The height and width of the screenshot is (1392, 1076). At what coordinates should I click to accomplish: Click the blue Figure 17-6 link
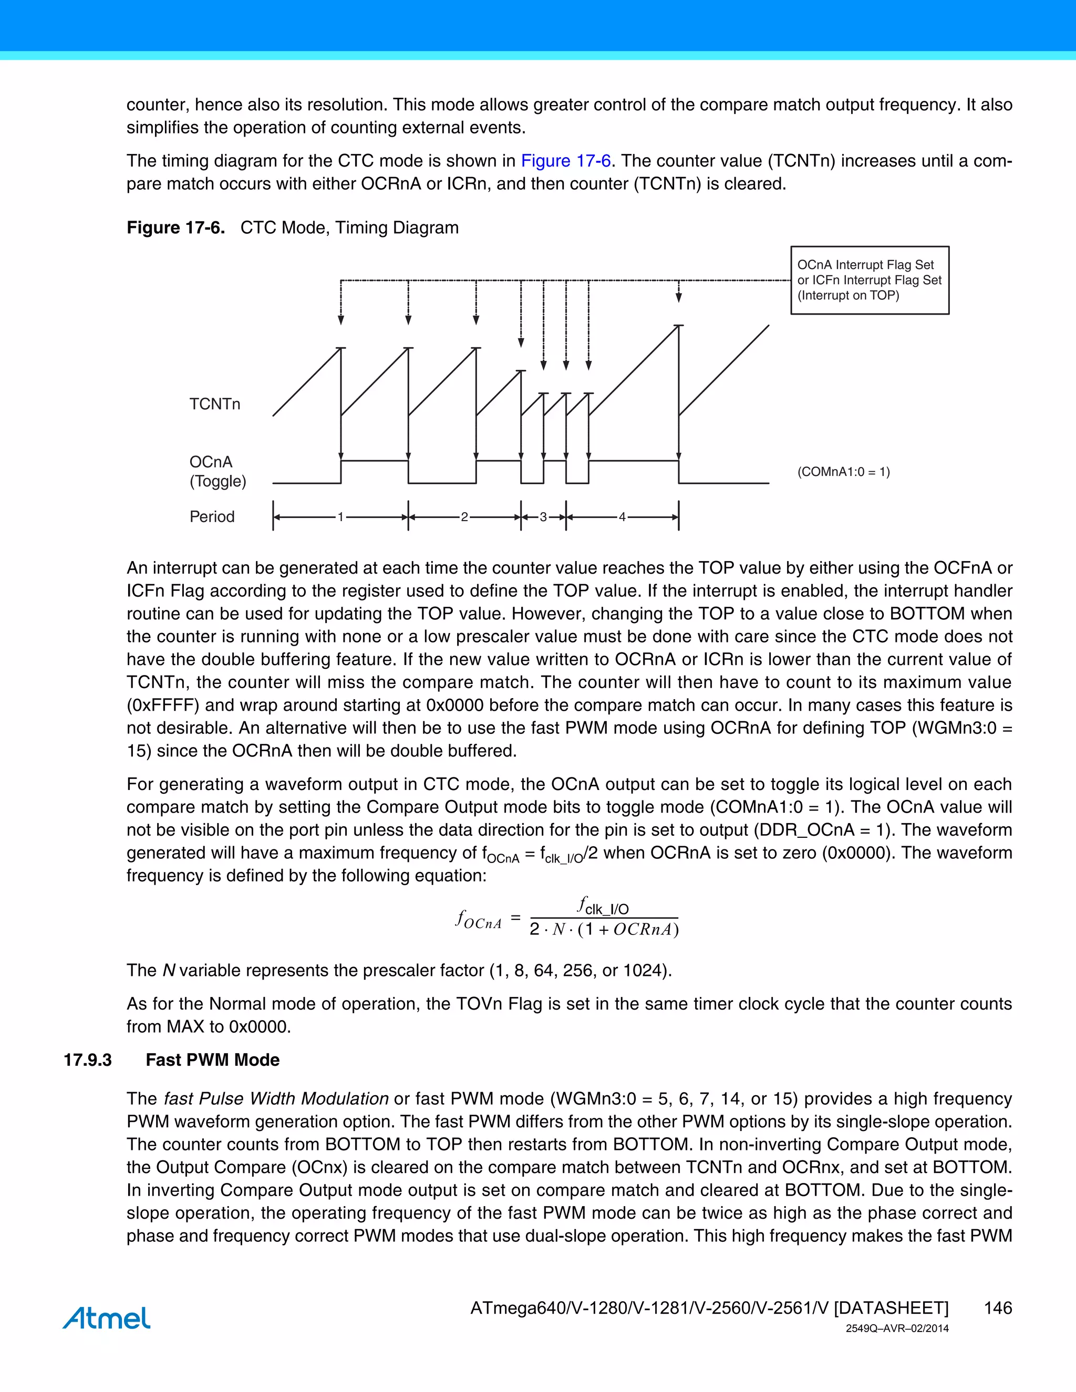(565, 161)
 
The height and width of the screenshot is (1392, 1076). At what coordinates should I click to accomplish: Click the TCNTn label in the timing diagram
(215, 404)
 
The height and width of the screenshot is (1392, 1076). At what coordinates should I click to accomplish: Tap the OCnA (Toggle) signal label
(218, 472)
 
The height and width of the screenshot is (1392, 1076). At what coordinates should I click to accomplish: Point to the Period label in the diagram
(212, 516)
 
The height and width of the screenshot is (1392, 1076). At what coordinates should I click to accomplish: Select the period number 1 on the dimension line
(340, 517)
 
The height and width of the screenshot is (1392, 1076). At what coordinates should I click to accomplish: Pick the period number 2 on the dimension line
(464, 517)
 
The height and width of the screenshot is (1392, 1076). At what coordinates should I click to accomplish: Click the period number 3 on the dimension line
(543, 517)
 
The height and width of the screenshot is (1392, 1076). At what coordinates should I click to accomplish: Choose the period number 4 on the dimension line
(622, 517)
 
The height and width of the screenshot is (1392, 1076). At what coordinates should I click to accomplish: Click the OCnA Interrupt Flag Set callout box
(870, 280)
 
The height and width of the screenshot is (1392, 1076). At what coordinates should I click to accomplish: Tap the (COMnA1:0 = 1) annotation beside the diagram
(843, 472)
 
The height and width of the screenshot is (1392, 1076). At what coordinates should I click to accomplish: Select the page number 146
(998, 1308)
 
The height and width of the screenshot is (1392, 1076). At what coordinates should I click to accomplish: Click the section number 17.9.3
(87, 1060)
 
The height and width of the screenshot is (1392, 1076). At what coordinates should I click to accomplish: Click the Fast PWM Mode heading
(213, 1060)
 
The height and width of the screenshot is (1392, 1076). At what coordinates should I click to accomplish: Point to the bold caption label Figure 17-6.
(175, 227)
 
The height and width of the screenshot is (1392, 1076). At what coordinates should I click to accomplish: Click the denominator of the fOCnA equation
(604, 930)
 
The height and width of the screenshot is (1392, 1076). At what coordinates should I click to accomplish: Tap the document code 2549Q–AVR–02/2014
(897, 1329)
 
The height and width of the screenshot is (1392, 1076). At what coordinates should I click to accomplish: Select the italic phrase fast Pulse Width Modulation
(276, 1099)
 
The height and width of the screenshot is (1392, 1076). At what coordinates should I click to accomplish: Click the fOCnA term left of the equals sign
(479, 920)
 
